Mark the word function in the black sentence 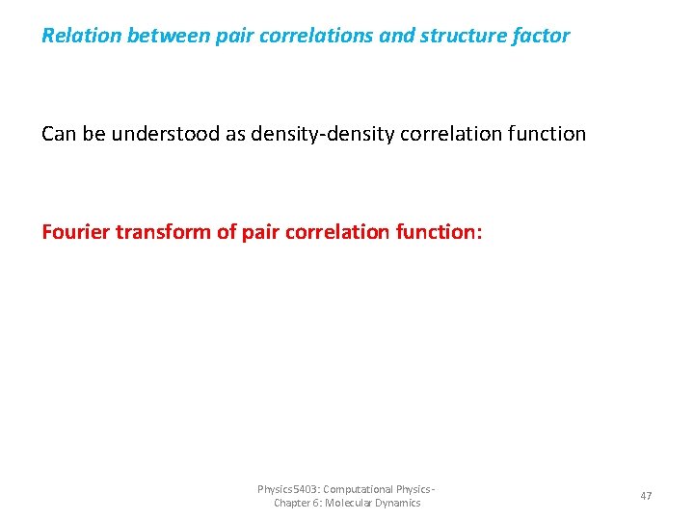[x=547, y=134]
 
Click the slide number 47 [x=646, y=496]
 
